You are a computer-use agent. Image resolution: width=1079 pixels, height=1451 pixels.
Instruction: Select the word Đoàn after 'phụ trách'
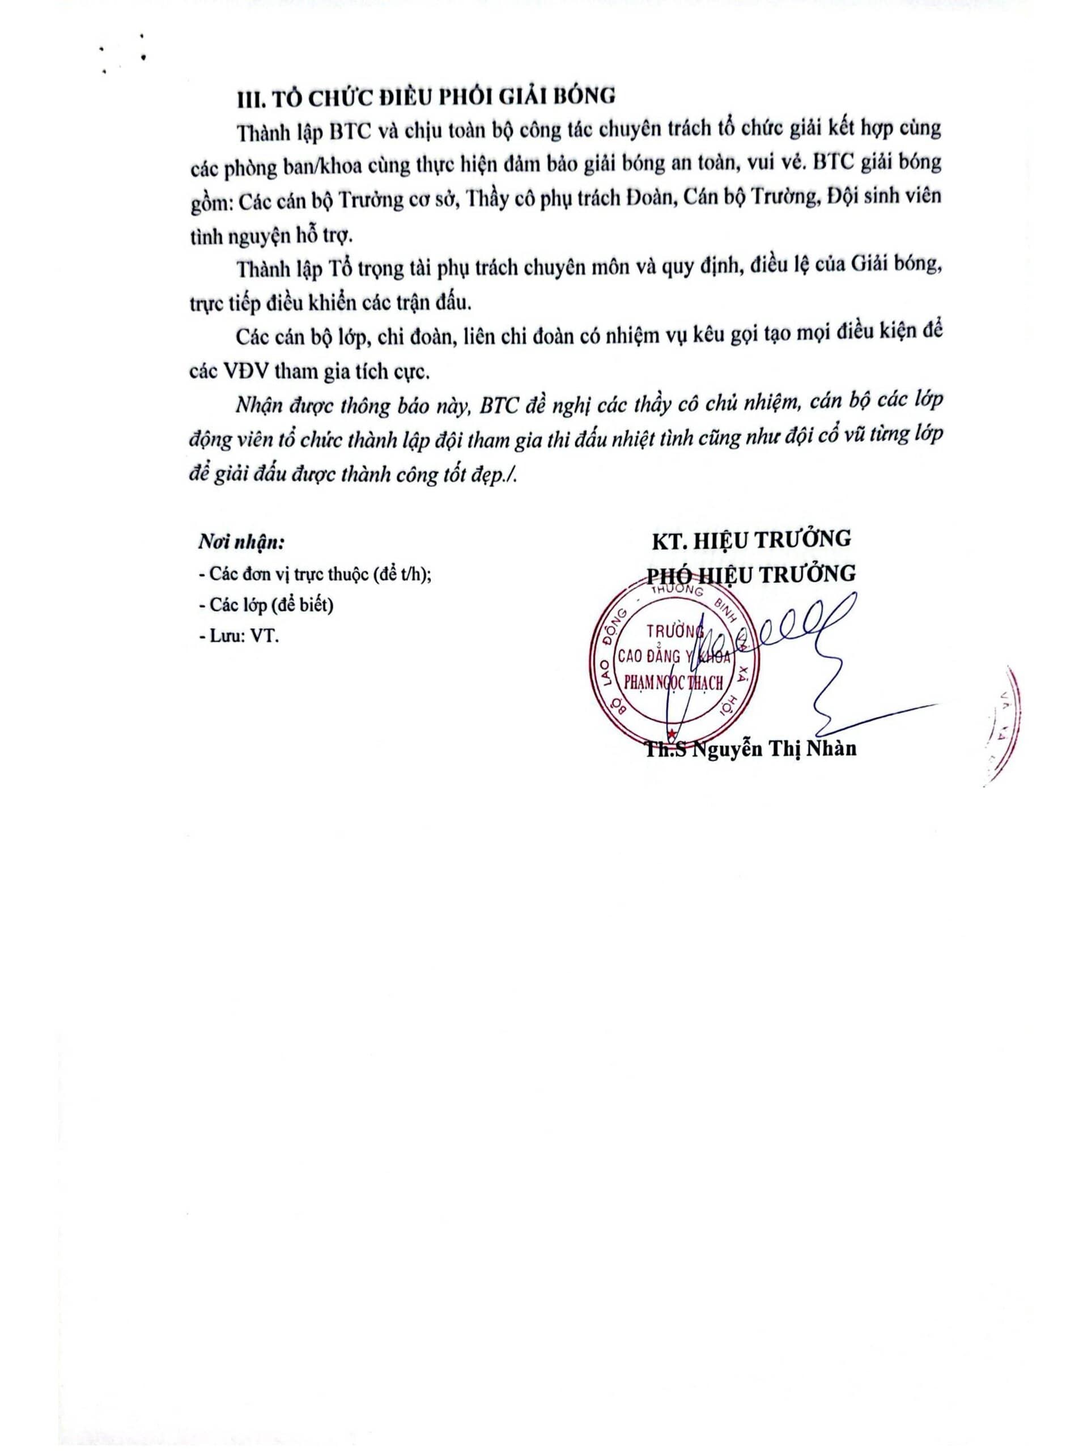[643, 198]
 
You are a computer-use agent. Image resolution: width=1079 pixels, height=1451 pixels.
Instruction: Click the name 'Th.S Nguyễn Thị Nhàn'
[751, 749]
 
